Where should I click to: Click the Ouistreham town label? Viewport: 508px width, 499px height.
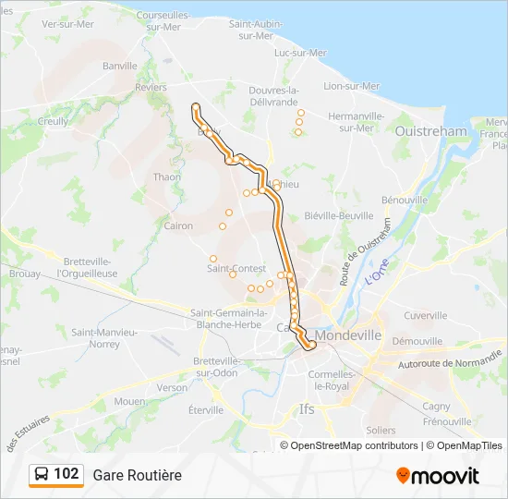431,132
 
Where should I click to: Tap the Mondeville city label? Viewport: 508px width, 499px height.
348,335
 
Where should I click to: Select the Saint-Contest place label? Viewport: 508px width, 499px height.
236,268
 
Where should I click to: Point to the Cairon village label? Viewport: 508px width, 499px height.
178,225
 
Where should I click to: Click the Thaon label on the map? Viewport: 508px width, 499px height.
167,176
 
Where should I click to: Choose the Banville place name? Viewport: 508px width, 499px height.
120,67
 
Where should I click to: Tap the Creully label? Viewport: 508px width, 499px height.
53,121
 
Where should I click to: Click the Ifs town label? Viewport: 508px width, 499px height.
308,408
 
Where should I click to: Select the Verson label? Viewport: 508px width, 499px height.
172,388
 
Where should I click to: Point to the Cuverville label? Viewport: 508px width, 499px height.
425,315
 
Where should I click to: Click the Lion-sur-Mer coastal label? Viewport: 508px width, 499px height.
352,86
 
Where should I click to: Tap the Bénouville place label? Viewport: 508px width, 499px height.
405,200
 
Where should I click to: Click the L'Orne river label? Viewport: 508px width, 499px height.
376,272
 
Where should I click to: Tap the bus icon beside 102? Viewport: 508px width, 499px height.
42,475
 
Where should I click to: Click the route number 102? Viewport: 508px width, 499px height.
67,474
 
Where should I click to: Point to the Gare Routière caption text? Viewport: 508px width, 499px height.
137,475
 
